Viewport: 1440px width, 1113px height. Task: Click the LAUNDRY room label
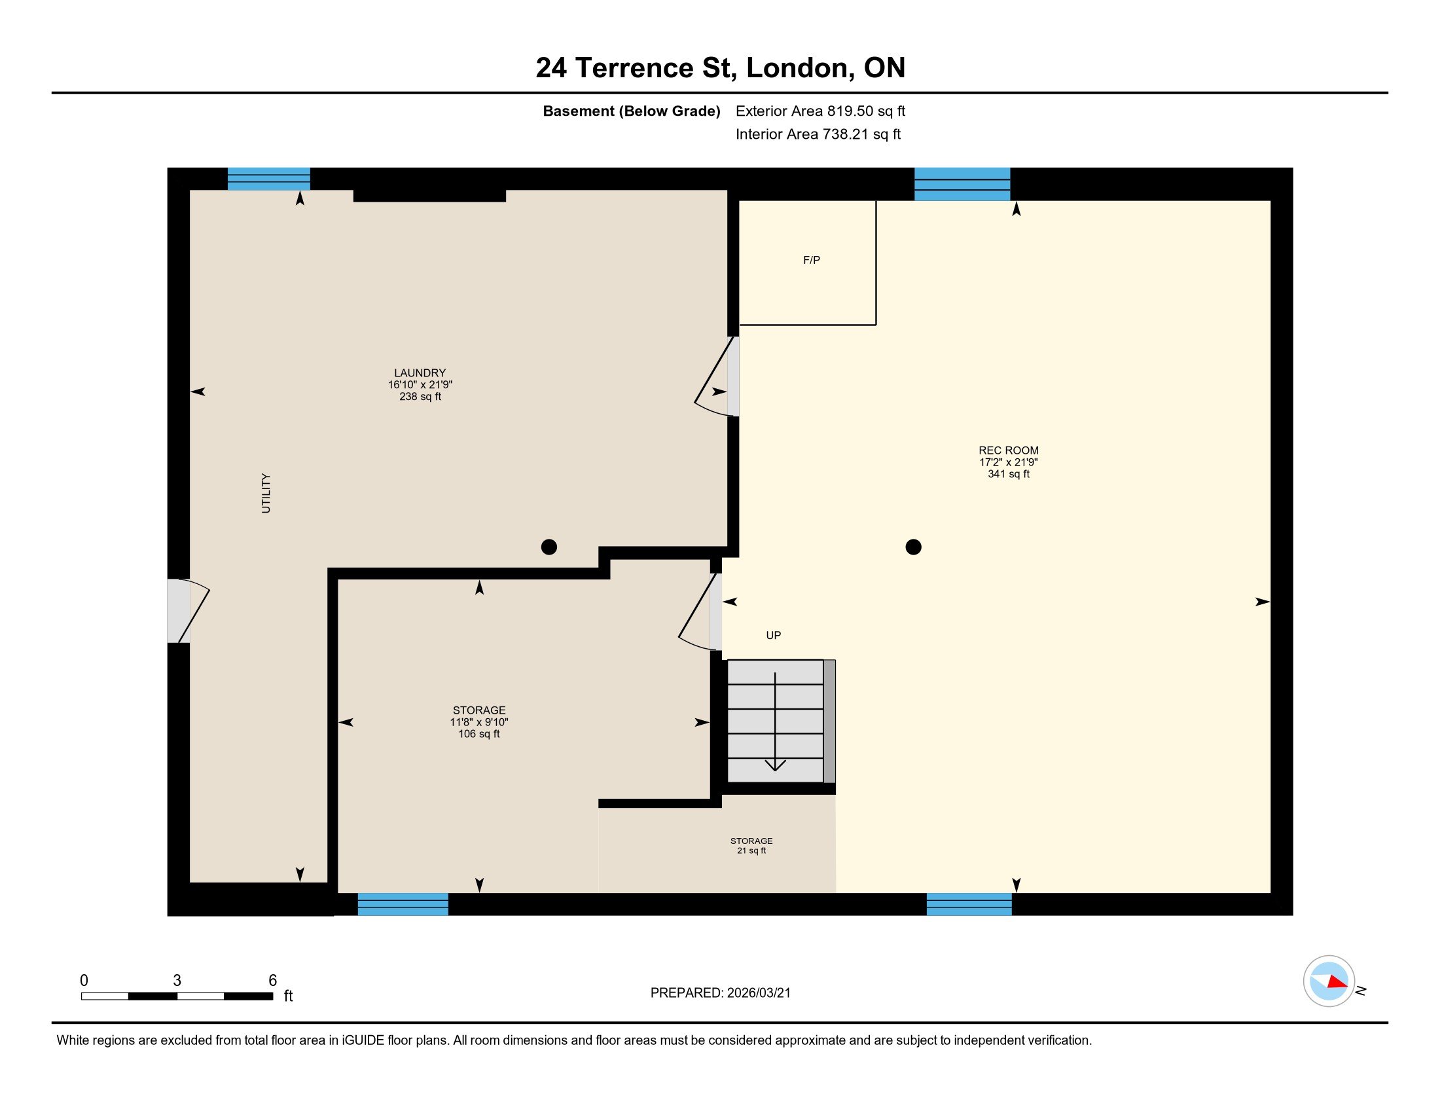[x=420, y=373]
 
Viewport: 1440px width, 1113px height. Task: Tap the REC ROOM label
[x=1008, y=451]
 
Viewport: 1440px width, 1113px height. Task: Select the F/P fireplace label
[x=811, y=261]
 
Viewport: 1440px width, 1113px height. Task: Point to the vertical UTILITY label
[x=266, y=493]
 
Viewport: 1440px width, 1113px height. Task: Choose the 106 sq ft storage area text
[x=478, y=734]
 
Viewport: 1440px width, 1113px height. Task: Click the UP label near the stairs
[x=774, y=636]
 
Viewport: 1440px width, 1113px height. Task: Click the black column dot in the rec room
[x=913, y=547]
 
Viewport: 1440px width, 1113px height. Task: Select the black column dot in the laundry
[x=549, y=547]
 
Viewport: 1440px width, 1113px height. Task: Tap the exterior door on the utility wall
[x=187, y=611]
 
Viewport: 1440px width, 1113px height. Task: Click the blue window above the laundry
[x=268, y=179]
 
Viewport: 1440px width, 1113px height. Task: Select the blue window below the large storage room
[x=403, y=904]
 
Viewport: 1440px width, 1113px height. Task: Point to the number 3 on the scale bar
[x=177, y=981]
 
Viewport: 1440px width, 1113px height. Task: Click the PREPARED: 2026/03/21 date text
[x=720, y=993]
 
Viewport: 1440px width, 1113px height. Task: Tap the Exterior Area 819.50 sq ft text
[x=820, y=111]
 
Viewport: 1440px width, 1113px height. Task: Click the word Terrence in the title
[x=634, y=68]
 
